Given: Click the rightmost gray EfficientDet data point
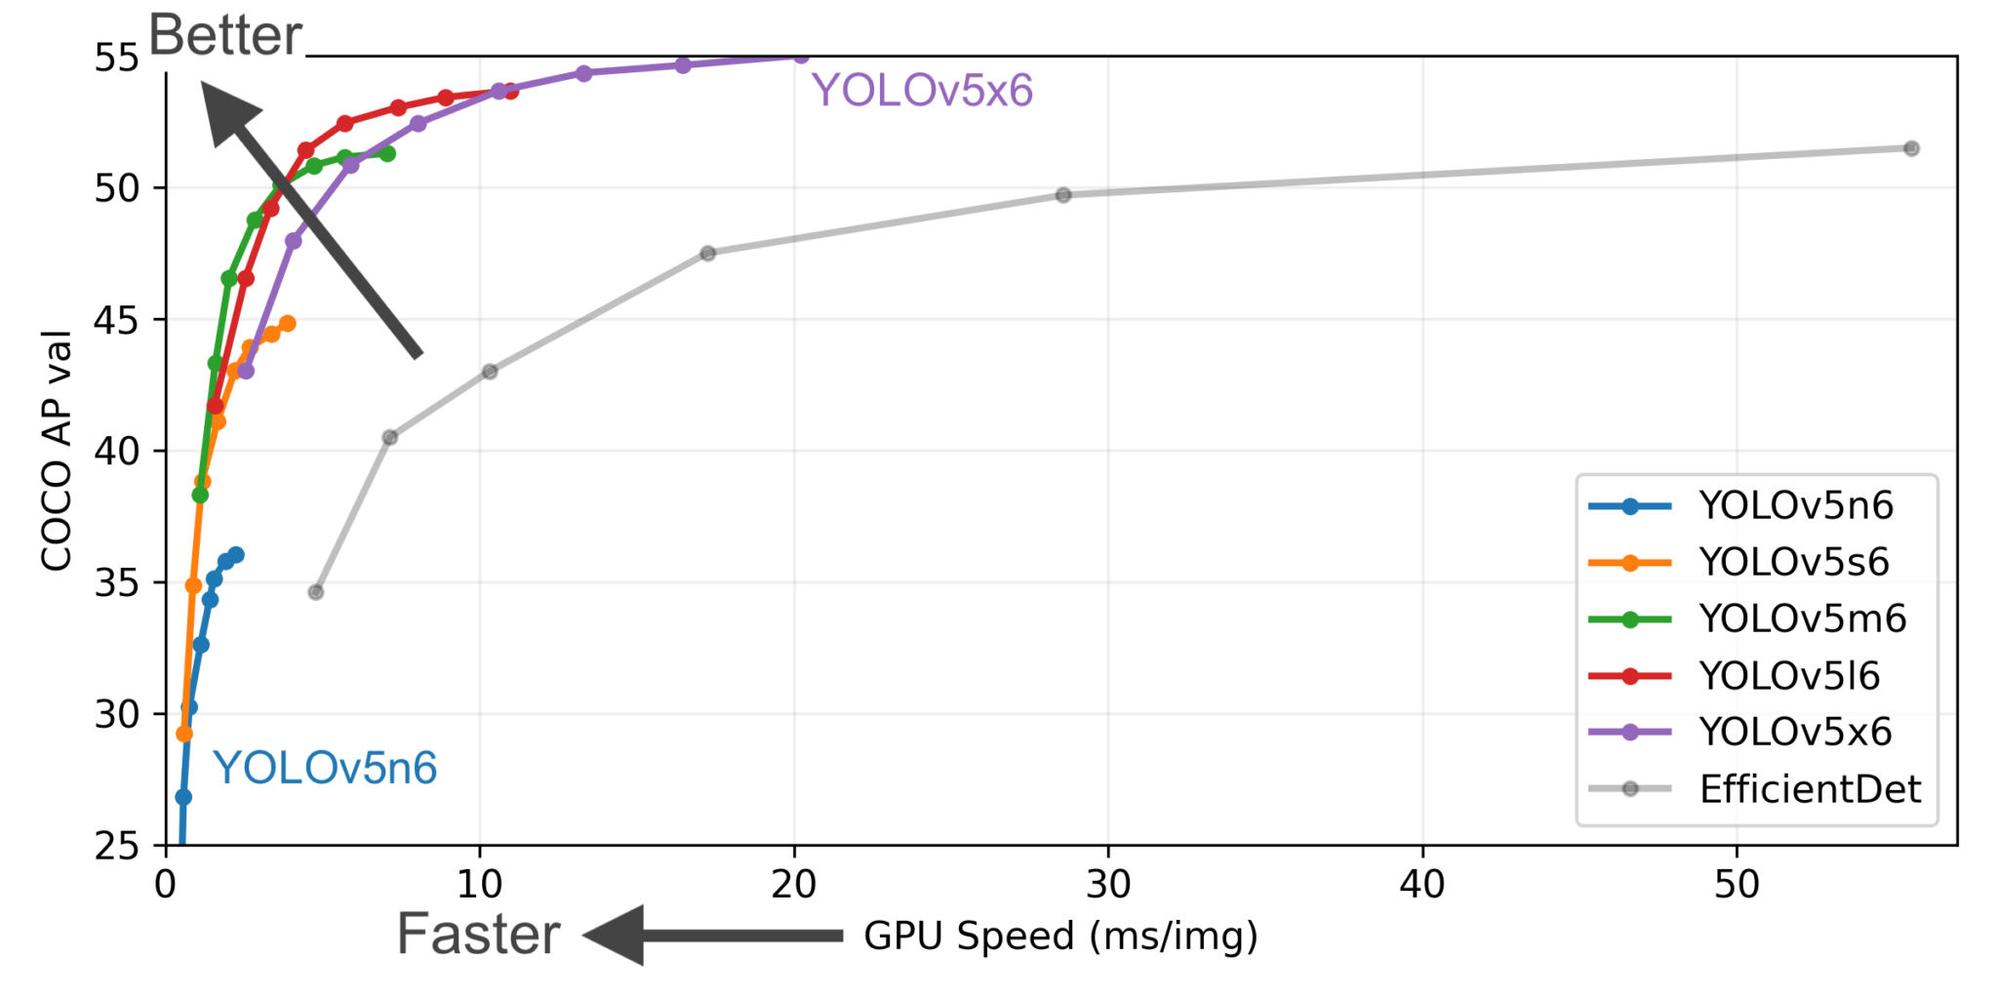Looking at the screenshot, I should (x=1911, y=148).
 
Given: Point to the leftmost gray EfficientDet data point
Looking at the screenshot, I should (x=315, y=592).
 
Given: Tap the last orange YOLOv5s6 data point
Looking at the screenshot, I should (x=287, y=324).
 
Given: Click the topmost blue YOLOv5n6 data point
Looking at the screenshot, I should (x=236, y=555).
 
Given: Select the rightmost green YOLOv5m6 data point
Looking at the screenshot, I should (x=387, y=153).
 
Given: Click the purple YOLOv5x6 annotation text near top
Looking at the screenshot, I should (x=922, y=91).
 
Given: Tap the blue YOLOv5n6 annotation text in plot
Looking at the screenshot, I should (x=325, y=768).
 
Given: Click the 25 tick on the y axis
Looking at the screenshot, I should (x=117, y=846).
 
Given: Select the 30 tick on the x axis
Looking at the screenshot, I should (x=1108, y=885).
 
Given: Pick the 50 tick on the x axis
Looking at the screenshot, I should (x=1737, y=885).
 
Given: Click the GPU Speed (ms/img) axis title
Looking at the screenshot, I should (x=1060, y=936).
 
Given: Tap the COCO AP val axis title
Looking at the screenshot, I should (x=57, y=450).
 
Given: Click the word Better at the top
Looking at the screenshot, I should (x=225, y=36).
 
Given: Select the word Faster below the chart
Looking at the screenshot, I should (x=478, y=934).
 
